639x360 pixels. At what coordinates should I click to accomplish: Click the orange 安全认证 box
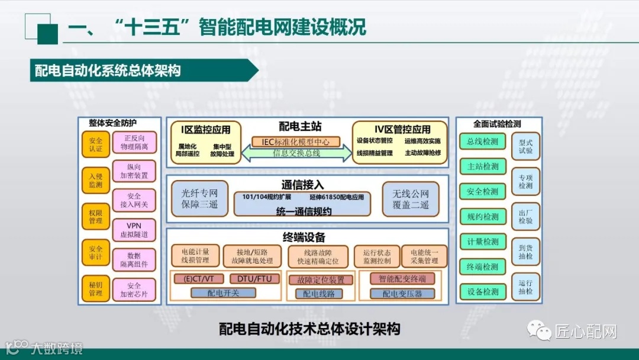click(96, 144)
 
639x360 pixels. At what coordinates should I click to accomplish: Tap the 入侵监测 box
click(96, 181)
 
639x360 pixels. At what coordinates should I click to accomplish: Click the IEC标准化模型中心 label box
click(296, 142)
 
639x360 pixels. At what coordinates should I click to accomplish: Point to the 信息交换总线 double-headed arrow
click(296, 153)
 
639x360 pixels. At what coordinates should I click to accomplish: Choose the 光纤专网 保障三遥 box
click(199, 198)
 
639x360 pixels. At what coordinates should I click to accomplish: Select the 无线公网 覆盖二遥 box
click(411, 198)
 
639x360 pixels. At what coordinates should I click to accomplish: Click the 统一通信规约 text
click(304, 211)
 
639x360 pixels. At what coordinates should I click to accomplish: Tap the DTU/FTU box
click(254, 278)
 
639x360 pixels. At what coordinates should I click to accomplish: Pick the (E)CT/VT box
click(199, 278)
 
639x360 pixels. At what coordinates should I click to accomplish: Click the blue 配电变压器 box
click(402, 293)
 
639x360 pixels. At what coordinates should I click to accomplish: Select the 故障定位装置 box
click(320, 280)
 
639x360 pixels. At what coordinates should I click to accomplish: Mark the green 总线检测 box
click(482, 142)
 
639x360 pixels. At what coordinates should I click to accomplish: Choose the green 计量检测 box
click(482, 242)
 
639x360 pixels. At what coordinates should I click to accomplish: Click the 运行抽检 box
click(525, 287)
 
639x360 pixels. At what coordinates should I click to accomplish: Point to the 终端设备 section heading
click(304, 238)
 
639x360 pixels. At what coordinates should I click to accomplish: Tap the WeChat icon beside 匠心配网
click(540, 331)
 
